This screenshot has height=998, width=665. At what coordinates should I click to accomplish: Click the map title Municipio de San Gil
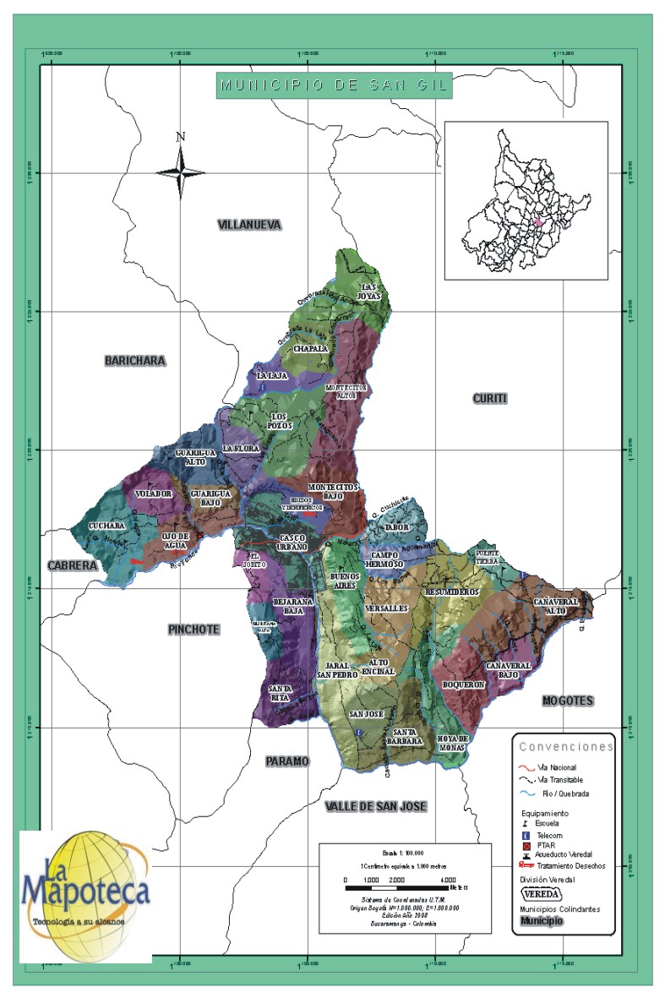tap(334, 85)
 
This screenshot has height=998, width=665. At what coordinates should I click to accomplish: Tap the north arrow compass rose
tap(180, 172)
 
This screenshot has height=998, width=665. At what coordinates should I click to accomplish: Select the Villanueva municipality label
tap(249, 225)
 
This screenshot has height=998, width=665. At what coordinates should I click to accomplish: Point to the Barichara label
tap(135, 361)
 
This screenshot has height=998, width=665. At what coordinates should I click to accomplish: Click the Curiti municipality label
tap(490, 398)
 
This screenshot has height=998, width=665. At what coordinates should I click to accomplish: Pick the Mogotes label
tap(568, 701)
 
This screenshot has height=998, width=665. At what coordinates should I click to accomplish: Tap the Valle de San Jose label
tap(375, 806)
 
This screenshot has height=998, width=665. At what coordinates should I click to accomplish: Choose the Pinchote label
tap(194, 630)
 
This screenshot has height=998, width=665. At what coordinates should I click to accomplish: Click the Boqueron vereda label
tap(463, 684)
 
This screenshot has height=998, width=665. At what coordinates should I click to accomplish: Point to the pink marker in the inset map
tap(537, 222)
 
